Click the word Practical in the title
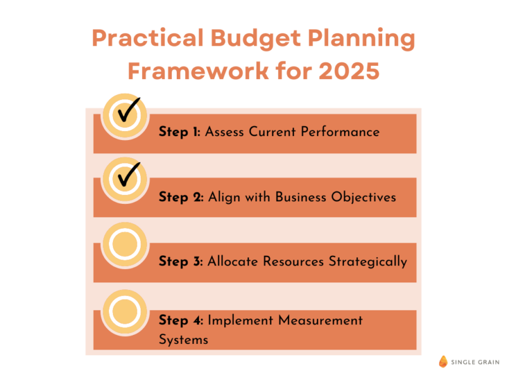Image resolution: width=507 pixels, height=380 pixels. pos(148,38)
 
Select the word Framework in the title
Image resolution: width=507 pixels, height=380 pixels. pos(198,71)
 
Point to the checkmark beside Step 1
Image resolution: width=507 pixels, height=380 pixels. pos(129,109)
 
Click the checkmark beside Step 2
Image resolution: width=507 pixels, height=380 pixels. pos(129,174)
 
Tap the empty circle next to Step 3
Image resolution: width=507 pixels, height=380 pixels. pos(125,244)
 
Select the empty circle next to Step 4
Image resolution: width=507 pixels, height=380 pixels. pos(125,312)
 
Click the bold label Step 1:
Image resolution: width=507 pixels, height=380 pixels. pos(179,132)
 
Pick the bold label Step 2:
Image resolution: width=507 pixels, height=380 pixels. pos(181,197)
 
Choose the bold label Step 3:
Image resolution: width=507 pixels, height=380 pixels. pos(181,262)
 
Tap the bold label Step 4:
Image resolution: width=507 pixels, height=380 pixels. pos(181,320)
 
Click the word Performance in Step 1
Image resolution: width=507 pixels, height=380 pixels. pos(340,132)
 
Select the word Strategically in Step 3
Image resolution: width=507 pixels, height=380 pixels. pos(368,262)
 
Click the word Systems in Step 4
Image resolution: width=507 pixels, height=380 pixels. pos(183,340)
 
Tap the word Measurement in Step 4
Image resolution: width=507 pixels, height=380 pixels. pos(321,320)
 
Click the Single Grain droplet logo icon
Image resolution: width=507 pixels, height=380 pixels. pos(443,362)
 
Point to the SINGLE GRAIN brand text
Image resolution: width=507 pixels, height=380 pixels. pos(475,362)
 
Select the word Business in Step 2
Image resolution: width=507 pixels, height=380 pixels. pos(300,197)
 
